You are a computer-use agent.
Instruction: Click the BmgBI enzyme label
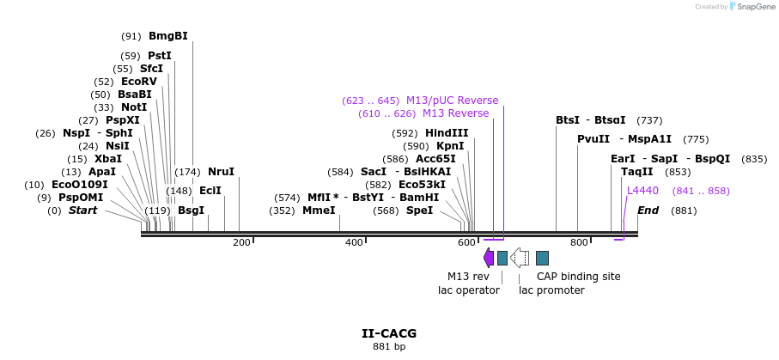tap(168, 36)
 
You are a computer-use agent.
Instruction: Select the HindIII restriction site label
tap(447, 133)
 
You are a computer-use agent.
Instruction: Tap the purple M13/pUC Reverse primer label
tap(452, 101)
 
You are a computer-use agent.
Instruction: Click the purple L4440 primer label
tap(642, 191)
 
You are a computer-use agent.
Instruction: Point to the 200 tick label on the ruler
tap(241, 242)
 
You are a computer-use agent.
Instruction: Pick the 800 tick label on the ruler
tap(579, 242)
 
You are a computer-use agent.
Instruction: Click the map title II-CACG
tap(389, 333)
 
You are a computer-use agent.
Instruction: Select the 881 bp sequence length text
tap(389, 346)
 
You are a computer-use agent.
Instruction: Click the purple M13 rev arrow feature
tap(489, 258)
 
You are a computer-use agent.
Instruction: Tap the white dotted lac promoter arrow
tap(520, 258)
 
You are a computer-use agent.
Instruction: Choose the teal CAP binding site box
tap(542, 258)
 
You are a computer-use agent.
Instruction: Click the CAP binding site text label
tap(578, 277)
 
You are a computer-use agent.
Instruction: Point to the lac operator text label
tap(469, 290)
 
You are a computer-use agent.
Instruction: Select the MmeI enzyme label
tap(319, 211)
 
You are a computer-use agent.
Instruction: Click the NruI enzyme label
tap(221, 172)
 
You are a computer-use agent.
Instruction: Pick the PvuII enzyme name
tap(593, 139)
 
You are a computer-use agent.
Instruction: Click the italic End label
tap(648, 211)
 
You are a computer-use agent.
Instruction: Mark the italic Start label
tap(83, 211)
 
